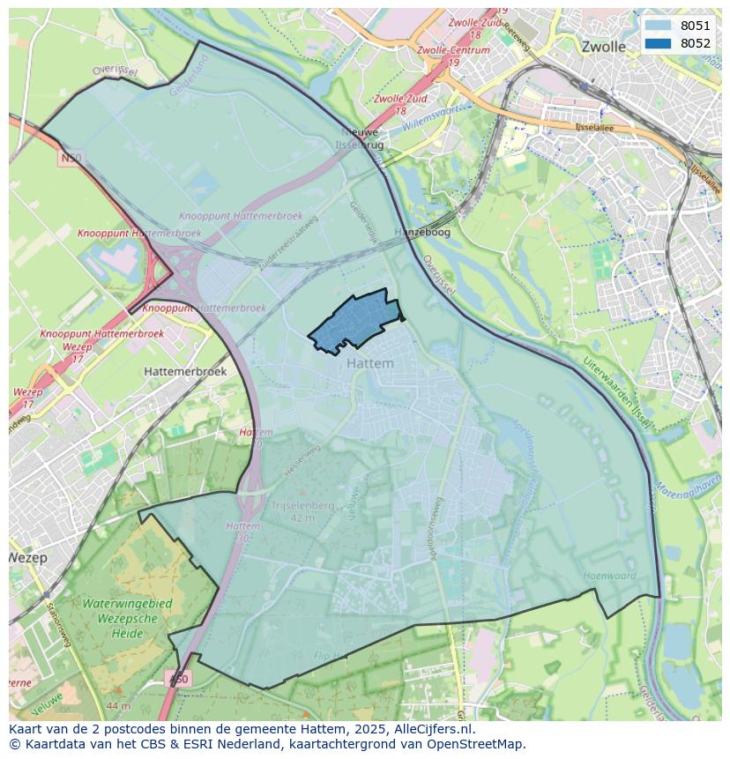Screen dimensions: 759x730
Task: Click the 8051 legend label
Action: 695,26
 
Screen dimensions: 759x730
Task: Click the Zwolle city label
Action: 603,47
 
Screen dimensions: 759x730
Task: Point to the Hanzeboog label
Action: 422,232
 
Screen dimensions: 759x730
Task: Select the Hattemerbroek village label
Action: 185,371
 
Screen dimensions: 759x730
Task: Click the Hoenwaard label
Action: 608,576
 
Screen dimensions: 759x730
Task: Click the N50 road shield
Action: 71,158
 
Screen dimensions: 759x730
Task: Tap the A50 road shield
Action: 177,679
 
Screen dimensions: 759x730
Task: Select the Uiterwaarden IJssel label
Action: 616,392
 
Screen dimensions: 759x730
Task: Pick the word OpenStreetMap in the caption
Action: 477,744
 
